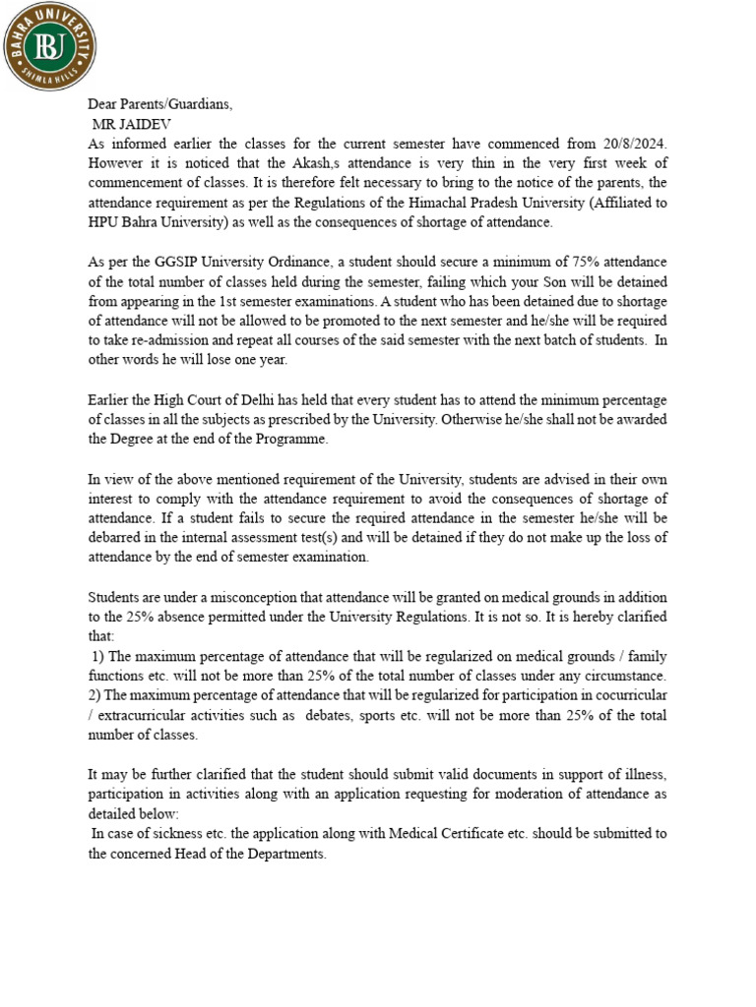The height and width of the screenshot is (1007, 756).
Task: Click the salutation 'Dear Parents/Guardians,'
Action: (x=160, y=105)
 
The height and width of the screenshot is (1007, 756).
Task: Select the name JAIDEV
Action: (x=144, y=124)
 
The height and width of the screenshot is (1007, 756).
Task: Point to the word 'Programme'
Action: (x=291, y=440)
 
